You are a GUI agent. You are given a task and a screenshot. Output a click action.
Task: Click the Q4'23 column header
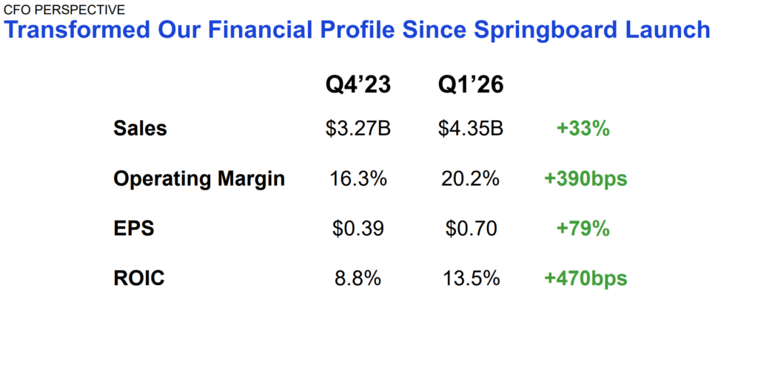pyautogui.click(x=358, y=86)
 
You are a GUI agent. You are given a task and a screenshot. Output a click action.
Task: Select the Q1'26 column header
pyautogui.click(x=471, y=86)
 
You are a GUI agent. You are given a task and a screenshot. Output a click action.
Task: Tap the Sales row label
pyautogui.click(x=141, y=128)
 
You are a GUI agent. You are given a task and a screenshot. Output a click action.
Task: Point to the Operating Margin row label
pyautogui.click(x=199, y=178)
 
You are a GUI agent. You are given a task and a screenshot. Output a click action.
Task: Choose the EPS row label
pyautogui.click(x=134, y=229)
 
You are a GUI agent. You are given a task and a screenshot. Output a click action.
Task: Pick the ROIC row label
pyautogui.click(x=139, y=278)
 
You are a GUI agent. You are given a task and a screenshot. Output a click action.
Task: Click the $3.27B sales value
pyautogui.click(x=358, y=128)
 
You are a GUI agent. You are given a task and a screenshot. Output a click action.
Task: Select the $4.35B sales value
pyautogui.click(x=471, y=128)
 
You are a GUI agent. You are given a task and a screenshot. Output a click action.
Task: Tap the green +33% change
pyautogui.click(x=583, y=128)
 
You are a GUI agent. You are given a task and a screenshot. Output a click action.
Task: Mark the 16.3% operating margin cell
pyautogui.click(x=358, y=178)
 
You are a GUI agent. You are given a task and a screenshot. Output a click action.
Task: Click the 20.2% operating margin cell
pyautogui.click(x=471, y=178)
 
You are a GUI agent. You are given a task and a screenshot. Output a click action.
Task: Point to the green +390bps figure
pyautogui.click(x=586, y=178)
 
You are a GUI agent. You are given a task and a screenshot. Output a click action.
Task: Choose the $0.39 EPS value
pyautogui.click(x=358, y=229)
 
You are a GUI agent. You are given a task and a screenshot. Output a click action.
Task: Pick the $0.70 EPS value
pyautogui.click(x=471, y=229)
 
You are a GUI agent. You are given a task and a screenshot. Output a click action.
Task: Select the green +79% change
pyautogui.click(x=583, y=229)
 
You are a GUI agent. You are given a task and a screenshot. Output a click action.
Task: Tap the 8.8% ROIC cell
pyautogui.click(x=358, y=278)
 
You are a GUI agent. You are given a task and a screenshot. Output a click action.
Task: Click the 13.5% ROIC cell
pyautogui.click(x=471, y=278)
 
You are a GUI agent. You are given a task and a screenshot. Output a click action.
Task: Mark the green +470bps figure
pyautogui.click(x=586, y=278)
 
